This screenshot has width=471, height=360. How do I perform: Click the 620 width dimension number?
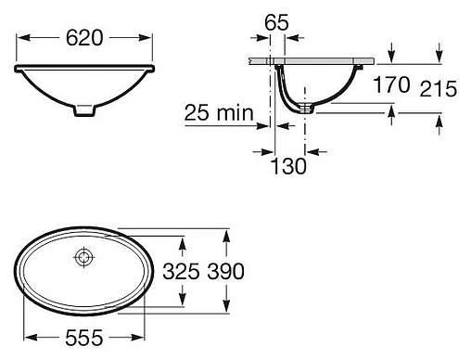click(x=84, y=38)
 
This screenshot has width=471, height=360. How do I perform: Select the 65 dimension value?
click(x=276, y=22)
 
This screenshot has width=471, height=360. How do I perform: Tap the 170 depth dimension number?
click(x=391, y=84)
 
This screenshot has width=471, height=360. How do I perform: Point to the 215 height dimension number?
click(x=438, y=89)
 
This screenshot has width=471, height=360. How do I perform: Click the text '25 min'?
click(x=219, y=112)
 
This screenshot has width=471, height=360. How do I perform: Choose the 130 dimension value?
click(x=288, y=166)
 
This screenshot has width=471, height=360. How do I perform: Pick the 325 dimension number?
click(x=181, y=272)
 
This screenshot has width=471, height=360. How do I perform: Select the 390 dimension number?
click(x=225, y=272)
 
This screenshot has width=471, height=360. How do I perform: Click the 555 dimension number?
click(x=84, y=338)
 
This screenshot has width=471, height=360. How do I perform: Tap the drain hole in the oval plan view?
click(x=83, y=257)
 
